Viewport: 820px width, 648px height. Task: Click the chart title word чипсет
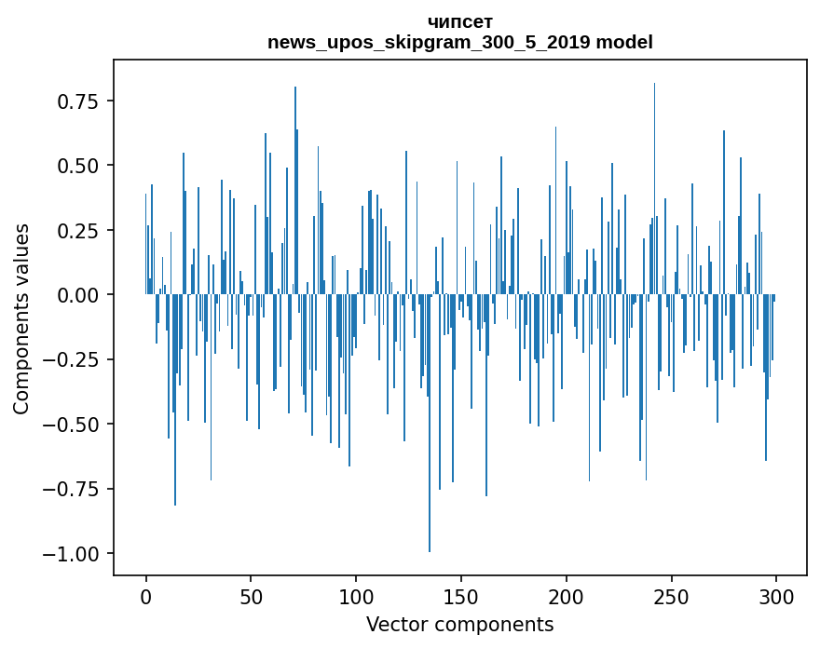click(x=460, y=21)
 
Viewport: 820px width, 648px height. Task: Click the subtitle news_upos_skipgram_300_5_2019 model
click(x=460, y=42)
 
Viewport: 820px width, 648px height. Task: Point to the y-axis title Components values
click(x=21, y=318)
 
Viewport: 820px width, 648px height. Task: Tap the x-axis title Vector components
click(x=460, y=625)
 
